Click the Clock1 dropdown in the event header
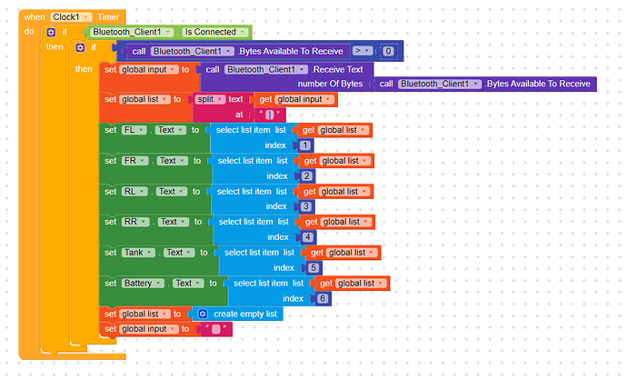click(x=71, y=17)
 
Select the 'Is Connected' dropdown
click(x=215, y=32)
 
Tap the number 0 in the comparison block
click(x=388, y=51)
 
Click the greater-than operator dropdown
click(x=363, y=51)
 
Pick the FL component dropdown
click(x=134, y=130)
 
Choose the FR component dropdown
click(x=134, y=161)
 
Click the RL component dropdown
click(x=134, y=192)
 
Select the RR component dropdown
click(x=135, y=222)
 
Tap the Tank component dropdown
click(x=138, y=253)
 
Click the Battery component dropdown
click(x=143, y=284)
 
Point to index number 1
click(x=305, y=145)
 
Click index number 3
click(x=306, y=206)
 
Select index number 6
click(x=323, y=299)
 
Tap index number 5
click(x=313, y=268)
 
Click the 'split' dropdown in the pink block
click(x=210, y=99)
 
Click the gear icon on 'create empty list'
click(x=203, y=314)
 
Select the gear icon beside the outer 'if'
click(x=51, y=32)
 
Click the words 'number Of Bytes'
click(x=330, y=84)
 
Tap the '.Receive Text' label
click(x=337, y=70)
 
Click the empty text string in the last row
click(x=216, y=329)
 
